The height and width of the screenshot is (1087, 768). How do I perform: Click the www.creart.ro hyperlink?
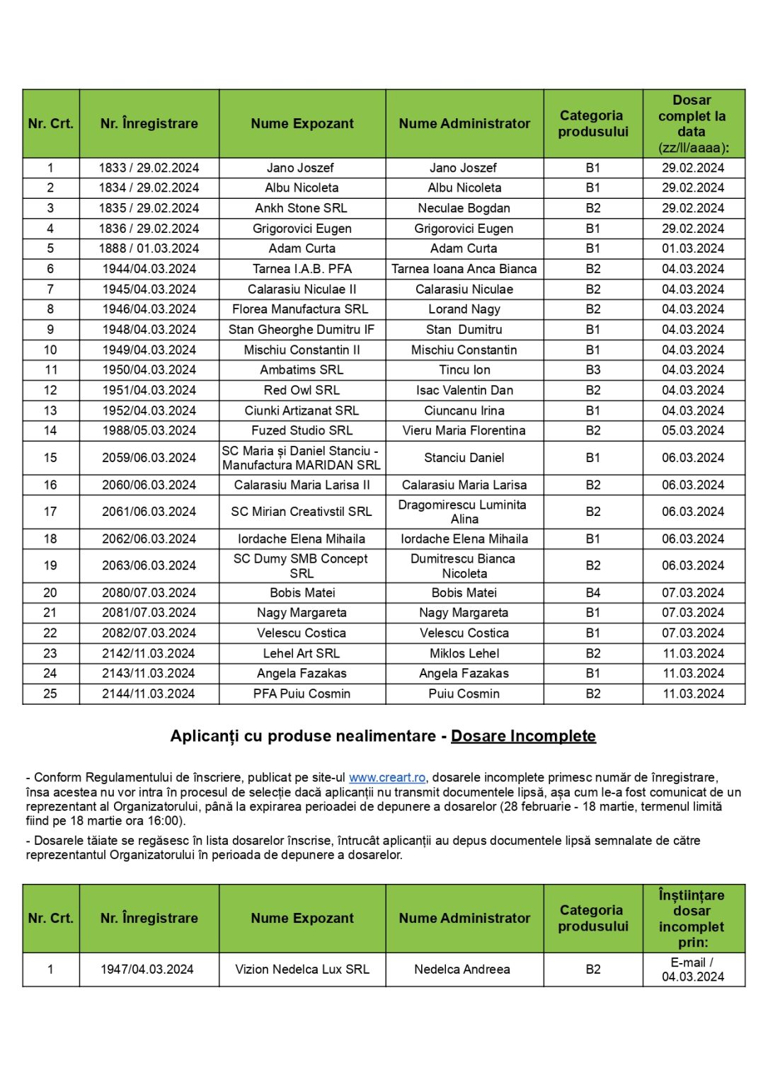pos(387,778)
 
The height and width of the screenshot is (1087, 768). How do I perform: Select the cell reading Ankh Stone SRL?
pos(302,208)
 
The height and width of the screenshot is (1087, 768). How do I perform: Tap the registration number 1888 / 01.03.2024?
pos(149,248)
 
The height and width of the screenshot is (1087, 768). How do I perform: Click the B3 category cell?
pos(593,369)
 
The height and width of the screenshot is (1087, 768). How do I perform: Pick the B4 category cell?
pos(593,592)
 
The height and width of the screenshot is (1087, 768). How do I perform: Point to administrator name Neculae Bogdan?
pos(464,208)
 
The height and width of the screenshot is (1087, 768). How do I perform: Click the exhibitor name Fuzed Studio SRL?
pos(302,430)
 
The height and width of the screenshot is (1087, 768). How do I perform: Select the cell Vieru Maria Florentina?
pos(464,430)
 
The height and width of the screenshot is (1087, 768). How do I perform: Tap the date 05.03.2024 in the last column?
pos(693,430)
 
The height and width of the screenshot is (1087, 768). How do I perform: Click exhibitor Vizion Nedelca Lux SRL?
pos(302,969)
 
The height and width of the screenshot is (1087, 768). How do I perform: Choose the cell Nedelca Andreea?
pos(462,969)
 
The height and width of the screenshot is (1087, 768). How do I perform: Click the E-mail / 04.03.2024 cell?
pos(692,969)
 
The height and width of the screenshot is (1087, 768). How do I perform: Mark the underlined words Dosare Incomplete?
pos(523,736)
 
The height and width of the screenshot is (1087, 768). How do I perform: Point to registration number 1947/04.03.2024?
pos(147,969)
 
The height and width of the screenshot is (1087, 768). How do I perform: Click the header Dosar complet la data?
pos(692,124)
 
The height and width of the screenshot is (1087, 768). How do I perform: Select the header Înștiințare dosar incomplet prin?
pos(692,918)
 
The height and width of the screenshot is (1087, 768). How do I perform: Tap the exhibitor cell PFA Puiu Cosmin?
pos(302,694)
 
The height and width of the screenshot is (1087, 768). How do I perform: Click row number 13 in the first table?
pos(50,410)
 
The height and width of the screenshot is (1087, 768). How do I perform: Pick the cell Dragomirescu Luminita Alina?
pos(464,512)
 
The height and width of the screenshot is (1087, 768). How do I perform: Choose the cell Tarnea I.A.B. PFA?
pos(302,269)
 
